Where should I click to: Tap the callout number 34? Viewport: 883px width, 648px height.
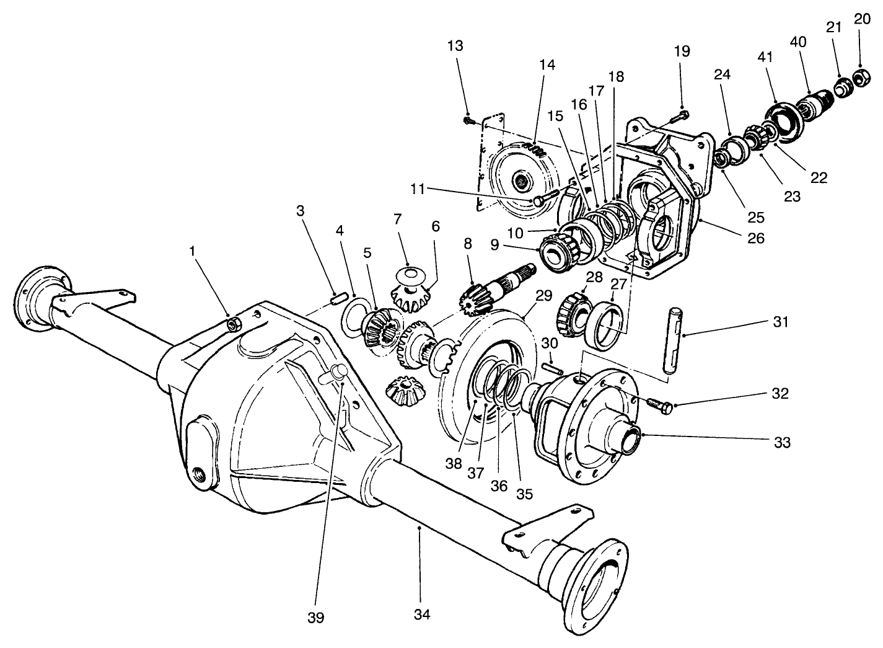click(422, 614)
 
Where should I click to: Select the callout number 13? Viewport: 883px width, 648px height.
click(455, 46)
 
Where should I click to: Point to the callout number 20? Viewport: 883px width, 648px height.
click(862, 19)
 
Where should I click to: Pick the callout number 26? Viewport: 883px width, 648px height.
click(756, 237)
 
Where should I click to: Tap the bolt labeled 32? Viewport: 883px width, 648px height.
click(660, 404)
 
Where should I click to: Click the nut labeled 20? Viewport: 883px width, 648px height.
click(860, 77)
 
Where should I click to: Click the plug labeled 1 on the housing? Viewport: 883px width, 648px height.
click(234, 323)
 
